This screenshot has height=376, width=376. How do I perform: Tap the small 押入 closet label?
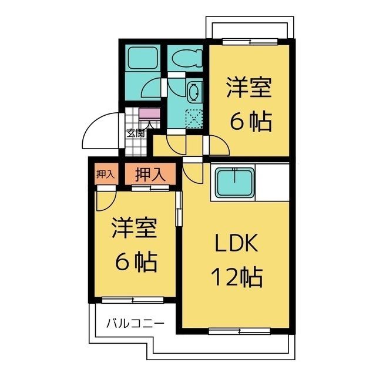(105, 174)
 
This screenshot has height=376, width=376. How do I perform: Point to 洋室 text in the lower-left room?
(135, 228)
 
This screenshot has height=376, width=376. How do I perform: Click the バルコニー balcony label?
(135, 323)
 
